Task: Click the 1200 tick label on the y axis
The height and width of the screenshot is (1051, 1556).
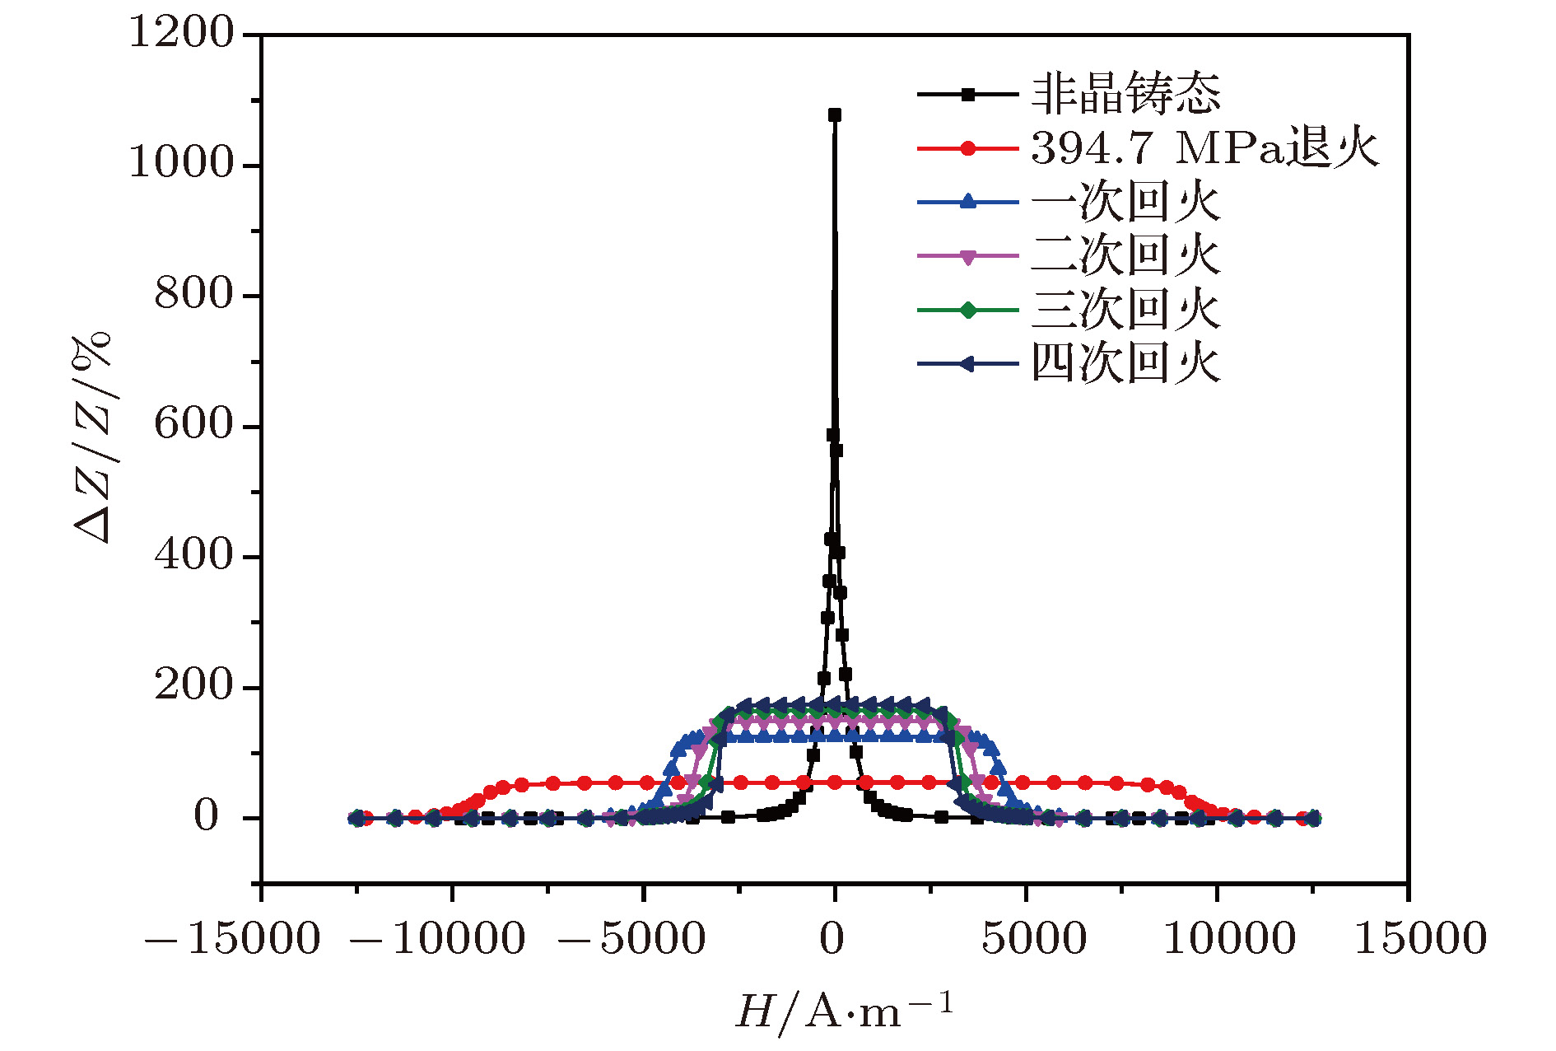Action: tap(182, 34)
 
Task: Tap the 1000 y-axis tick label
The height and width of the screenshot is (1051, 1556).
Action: tap(182, 163)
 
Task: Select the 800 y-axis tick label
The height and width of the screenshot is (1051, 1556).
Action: tap(194, 294)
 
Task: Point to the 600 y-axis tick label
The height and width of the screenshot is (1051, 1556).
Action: tap(194, 425)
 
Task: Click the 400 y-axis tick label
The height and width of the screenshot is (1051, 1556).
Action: tap(194, 555)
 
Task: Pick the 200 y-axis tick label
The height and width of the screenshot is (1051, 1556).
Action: tap(194, 686)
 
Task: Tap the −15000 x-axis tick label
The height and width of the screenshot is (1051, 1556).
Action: tap(232, 939)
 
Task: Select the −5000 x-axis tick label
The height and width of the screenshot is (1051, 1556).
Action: tap(632, 939)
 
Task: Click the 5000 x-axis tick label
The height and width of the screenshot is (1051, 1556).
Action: tap(1034, 939)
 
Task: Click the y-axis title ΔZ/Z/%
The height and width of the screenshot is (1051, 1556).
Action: tap(92, 437)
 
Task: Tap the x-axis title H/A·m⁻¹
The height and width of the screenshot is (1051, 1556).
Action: tap(844, 1011)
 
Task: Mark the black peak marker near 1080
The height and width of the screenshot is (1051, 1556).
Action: tap(835, 115)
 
